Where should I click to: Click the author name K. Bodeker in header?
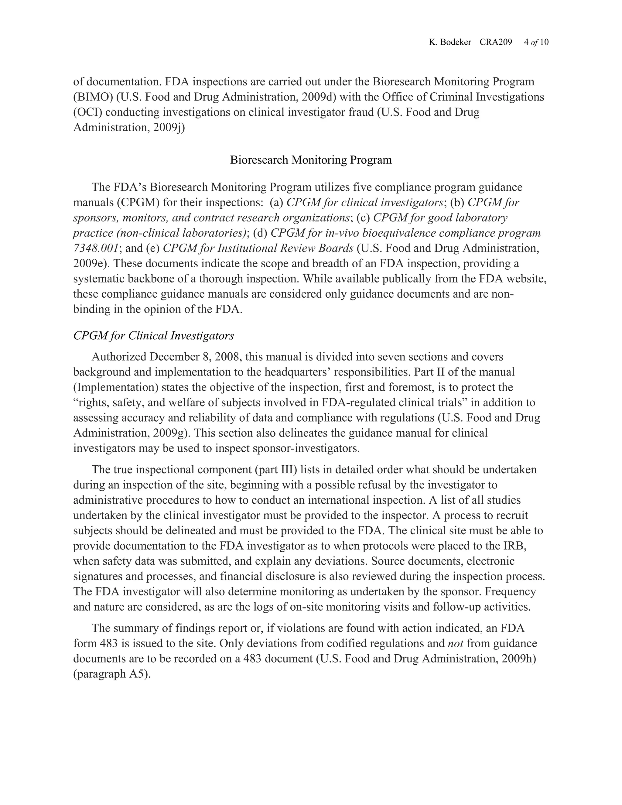click(x=450, y=43)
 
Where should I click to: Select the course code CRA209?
click(x=496, y=43)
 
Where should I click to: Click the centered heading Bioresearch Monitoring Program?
click(x=311, y=160)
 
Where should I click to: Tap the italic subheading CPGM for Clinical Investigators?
click(x=154, y=336)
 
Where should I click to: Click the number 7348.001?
click(x=96, y=248)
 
